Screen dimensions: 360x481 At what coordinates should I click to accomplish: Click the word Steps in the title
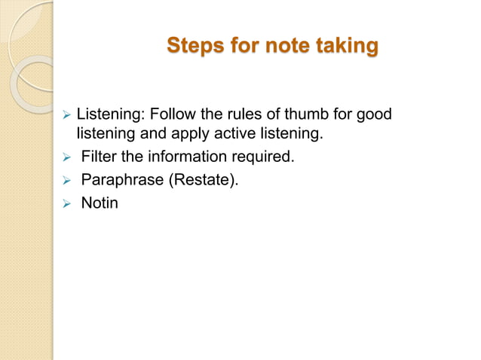click(x=194, y=46)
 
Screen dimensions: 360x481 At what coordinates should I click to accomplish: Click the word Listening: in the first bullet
click(x=110, y=115)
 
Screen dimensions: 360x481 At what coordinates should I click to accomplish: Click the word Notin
click(x=99, y=203)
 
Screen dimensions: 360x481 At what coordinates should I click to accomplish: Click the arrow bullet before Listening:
click(x=66, y=116)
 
